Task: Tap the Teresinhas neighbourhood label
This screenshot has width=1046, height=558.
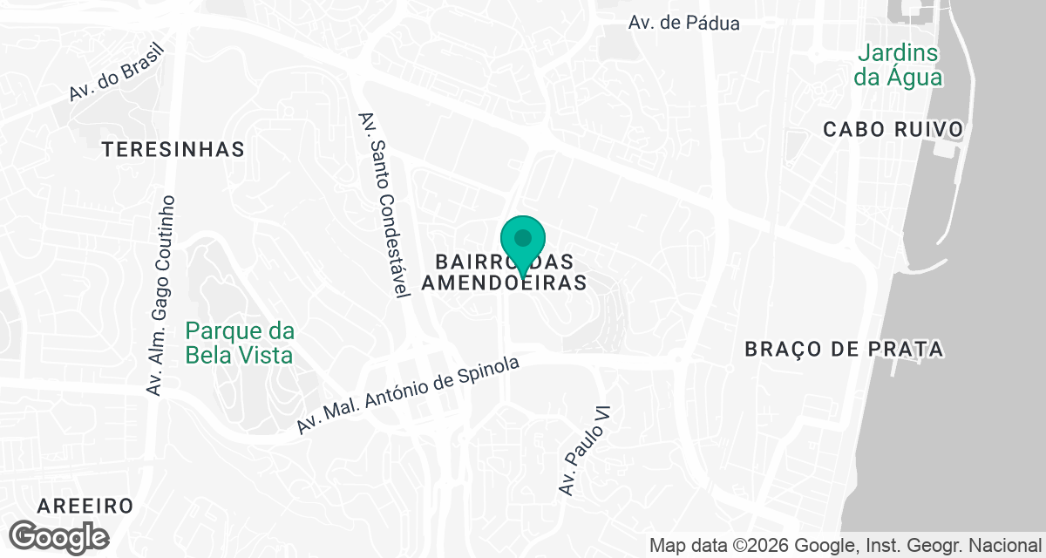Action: coord(173,150)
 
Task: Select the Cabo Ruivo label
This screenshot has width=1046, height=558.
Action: coord(893,130)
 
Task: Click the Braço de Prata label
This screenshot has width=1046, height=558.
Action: coord(844,350)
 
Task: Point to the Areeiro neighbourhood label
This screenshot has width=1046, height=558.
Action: coord(85,506)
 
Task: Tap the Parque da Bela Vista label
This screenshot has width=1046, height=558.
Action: coord(239,344)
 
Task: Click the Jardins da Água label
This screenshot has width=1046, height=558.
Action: coord(897,65)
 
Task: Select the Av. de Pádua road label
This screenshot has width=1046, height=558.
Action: coord(683,23)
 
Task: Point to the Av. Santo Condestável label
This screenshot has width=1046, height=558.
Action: coord(384,205)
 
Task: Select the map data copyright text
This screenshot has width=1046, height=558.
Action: coord(845,546)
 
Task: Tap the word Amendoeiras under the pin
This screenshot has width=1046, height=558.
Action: coord(503,283)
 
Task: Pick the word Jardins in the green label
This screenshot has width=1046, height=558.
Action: coord(897,53)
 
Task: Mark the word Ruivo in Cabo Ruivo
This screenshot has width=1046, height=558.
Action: coord(928,130)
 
